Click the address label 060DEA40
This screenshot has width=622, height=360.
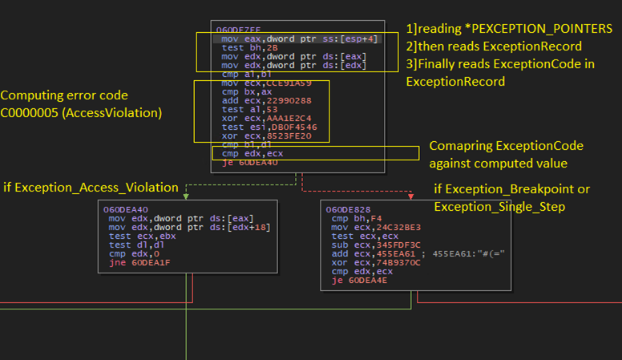point(126,209)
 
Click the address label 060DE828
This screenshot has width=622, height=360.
point(348,209)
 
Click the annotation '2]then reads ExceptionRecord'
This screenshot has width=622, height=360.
point(494,46)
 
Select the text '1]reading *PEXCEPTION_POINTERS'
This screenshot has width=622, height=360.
point(509,28)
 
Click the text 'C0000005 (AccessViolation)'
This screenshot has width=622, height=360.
point(81,113)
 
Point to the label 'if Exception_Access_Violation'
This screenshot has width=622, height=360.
point(91,187)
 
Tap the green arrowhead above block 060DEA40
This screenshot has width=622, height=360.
point(186,196)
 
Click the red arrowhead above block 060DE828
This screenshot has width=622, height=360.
point(411,196)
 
